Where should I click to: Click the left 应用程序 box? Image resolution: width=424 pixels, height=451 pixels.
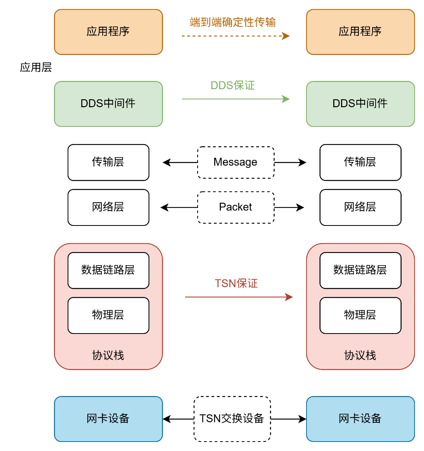[x=108, y=32]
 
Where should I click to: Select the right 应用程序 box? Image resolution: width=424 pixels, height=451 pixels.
[x=360, y=32]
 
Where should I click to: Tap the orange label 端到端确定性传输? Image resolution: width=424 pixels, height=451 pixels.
[x=233, y=22]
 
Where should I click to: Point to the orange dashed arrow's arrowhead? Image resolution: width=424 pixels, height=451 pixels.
[x=286, y=36]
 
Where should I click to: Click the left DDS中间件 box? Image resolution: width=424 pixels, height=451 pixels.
[x=108, y=104]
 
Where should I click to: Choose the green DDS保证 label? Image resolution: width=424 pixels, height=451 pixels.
[x=233, y=85]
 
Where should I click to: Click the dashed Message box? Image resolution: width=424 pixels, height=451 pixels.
[x=235, y=162]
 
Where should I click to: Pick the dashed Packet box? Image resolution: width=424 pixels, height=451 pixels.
[x=235, y=207]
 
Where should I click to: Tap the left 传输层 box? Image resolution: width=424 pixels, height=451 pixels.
[x=108, y=162]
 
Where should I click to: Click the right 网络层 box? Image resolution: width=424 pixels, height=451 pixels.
[x=360, y=207]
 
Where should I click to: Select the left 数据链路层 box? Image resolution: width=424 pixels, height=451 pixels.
[x=108, y=270]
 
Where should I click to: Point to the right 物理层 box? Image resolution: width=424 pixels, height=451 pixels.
[x=360, y=315]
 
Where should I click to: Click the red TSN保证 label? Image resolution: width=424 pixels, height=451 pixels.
[x=236, y=283]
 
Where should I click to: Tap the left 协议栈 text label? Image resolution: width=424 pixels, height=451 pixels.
[x=108, y=355]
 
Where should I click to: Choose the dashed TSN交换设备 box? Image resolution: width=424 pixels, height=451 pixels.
[x=232, y=418]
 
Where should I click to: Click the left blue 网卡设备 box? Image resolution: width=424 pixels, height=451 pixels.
[x=108, y=418]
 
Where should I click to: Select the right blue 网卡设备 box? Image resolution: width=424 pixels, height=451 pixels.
[x=360, y=418]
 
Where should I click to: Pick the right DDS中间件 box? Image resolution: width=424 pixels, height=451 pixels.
[x=360, y=104]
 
